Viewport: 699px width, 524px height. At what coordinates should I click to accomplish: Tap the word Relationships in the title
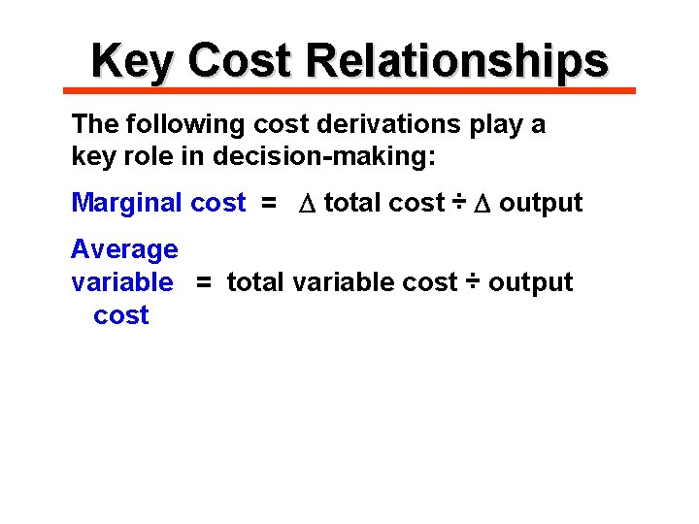pyautogui.click(x=456, y=60)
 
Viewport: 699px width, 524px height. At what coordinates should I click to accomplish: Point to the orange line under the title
pyautogui.click(x=349, y=90)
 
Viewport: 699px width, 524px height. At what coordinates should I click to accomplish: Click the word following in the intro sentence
pyautogui.click(x=177, y=124)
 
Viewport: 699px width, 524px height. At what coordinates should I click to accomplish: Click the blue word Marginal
pyautogui.click(x=126, y=203)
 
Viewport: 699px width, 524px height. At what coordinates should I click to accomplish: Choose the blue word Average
pyautogui.click(x=124, y=249)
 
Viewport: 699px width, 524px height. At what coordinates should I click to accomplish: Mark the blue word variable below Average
pyautogui.click(x=122, y=282)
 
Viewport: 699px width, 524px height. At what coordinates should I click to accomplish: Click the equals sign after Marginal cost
pyautogui.click(x=268, y=203)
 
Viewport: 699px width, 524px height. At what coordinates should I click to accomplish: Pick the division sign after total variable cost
pyautogui.click(x=472, y=281)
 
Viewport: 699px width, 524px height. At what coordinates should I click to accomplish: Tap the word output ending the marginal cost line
pyautogui.click(x=541, y=203)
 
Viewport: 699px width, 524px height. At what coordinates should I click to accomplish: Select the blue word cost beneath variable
pyautogui.click(x=121, y=315)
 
